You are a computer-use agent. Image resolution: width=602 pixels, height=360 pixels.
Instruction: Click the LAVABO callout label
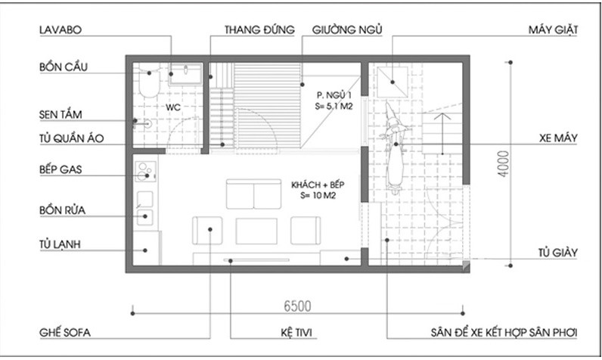coord(60,29)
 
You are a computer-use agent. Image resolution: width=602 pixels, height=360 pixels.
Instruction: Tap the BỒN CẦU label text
coord(64,67)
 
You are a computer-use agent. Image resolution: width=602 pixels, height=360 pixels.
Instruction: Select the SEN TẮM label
coord(61,115)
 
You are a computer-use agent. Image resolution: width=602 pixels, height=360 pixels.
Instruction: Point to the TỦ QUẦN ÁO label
coord(70,138)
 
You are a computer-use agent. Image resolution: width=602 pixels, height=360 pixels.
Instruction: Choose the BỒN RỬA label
coord(61,208)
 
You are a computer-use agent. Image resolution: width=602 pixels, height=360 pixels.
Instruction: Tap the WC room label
coord(172,107)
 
